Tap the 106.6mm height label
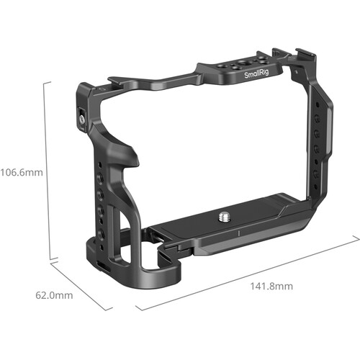pyautogui.click(x=22, y=172)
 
